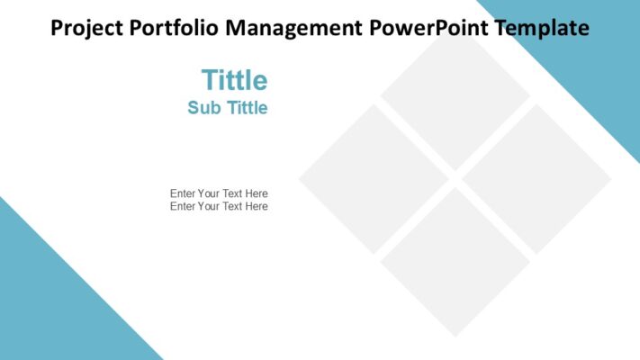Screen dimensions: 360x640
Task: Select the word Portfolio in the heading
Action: [x=176, y=28]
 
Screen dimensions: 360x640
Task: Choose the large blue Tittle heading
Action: [x=234, y=80]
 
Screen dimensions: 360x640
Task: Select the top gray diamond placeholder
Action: [x=455, y=96]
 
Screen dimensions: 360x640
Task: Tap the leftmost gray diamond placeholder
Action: [x=374, y=178]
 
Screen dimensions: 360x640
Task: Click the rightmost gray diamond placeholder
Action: [x=536, y=178]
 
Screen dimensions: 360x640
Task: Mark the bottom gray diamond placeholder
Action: [x=455, y=261]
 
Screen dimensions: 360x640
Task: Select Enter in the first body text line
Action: [x=183, y=193]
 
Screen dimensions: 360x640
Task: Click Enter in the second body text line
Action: [x=183, y=206]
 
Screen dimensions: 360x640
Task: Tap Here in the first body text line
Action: [x=257, y=193]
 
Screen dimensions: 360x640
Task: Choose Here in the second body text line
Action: [x=257, y=206]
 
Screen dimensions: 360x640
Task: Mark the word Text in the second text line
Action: [x=232, y=206]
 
